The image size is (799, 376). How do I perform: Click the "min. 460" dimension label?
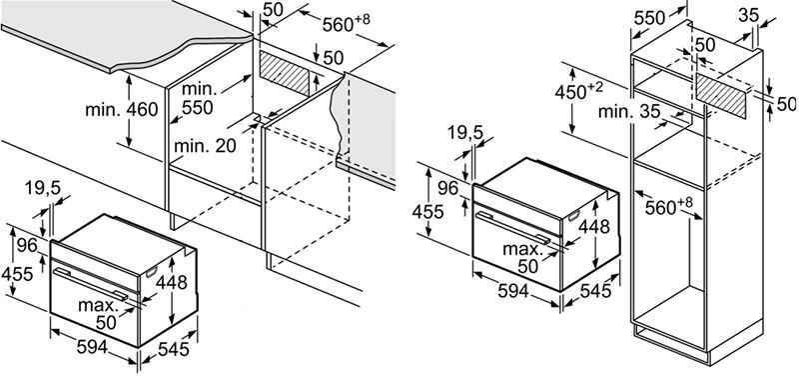click(x=121, y=109)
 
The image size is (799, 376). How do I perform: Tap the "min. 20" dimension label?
click(x=206, y=146)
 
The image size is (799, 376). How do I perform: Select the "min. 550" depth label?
click(x=199, y=98)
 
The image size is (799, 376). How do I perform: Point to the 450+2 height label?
click(x=579, y=91)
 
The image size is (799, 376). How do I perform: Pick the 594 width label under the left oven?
click(x=92, y=347)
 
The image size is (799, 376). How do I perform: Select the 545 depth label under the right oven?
click(x=594, y=291)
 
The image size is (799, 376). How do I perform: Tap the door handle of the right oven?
click(x=512, y=228)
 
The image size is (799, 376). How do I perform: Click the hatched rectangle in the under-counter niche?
click(x=285, y=73)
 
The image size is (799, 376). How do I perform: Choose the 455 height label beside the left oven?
click(x=17, y=274)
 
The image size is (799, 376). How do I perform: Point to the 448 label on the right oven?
click(x=594, y=226)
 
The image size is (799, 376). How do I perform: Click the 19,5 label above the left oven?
click(x=42, y=189)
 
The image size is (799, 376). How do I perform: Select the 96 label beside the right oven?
click(x=448, y=188)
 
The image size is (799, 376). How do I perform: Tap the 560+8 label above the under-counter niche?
click(x=346, y=23)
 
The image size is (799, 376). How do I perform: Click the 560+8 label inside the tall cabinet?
click(x=669, y=207)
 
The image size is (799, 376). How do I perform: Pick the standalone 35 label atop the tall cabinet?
click(x=748, y=15)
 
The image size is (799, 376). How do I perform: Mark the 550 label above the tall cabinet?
click(x=650, y=18)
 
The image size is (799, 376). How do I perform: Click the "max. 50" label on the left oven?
click(x=98, y=314)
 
